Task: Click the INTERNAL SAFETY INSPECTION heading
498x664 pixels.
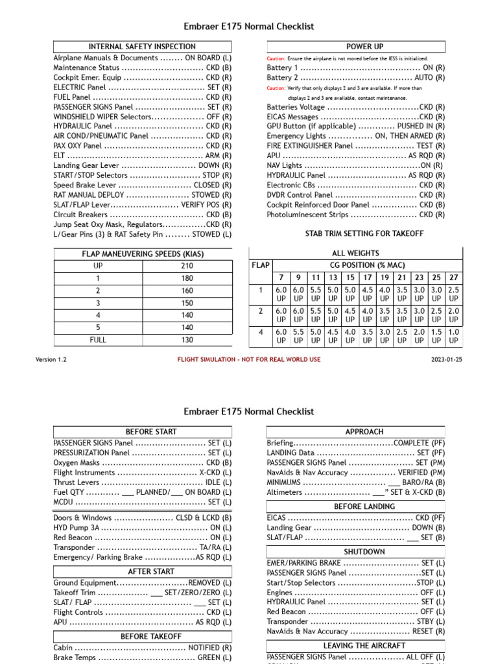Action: tap(141, 47)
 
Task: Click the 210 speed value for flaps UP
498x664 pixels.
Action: tap(186, 266)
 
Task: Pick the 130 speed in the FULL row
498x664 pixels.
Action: tap(186, 339)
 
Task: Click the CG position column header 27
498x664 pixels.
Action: tap(454, 277)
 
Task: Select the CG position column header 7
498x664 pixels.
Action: tap(281, 277)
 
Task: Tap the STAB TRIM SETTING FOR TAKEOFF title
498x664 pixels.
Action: tap(364, 233)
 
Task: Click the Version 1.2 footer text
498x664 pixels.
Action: tap(51, 359)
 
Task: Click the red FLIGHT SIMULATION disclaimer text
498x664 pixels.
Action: tap(249, 359)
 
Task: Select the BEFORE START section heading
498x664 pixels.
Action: tap(151, 431)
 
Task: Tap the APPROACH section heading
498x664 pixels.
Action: tap(365, 431)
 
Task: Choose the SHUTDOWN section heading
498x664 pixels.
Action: tap(365, 552)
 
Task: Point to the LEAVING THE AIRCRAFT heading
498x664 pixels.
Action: tap(365, 646)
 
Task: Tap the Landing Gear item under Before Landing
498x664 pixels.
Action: tap(356, 528)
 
